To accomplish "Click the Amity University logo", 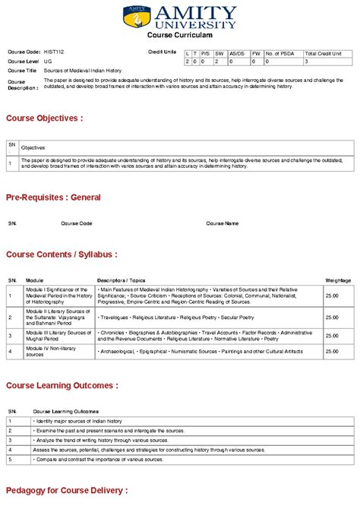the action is tap(179, 17).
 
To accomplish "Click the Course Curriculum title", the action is tap(180, 36).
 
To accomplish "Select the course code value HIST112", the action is tap(54, 52).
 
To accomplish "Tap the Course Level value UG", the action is tap(48, 61).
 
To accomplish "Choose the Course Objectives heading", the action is tap(45, 119).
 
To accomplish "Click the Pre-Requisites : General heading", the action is tap(53, 198).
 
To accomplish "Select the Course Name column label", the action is tap(222, 223).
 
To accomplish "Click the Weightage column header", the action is tap(338, 280).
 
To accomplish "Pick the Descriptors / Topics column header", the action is tap(121, 280).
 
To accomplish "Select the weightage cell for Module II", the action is tap(332, 318).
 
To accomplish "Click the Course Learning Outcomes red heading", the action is tap(62, 385).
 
